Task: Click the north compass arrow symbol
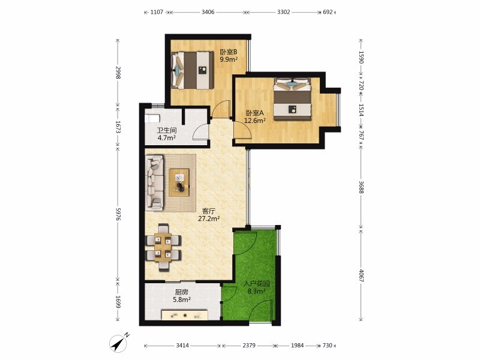click(119, 344)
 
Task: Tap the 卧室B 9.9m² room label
click(229, 55)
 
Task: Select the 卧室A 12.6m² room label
click(254, 116)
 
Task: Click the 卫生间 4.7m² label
click(167, 134)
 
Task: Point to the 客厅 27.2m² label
click(209, 215)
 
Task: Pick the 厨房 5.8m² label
click(182, 296)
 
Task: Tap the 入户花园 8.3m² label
click(257, 287)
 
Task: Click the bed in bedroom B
click(192, 70)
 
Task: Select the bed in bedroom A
click(292, 99)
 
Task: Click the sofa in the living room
click(154, 182)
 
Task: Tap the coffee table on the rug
click(179, 182)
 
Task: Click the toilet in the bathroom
click(152, 118)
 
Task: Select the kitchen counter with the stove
click(185, 314)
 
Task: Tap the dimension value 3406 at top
click(208, 12)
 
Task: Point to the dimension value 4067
click(361, 276)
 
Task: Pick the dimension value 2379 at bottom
click(248, 346)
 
